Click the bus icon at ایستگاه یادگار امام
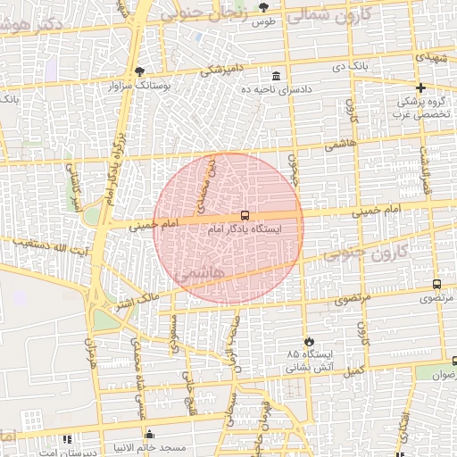pos(244,216)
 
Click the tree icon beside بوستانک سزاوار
pos(139,72)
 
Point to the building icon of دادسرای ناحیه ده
pos(277,76)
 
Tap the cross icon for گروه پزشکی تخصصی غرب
pos(420,87)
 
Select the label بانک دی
pos(351,67)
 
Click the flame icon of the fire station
pos(309,341)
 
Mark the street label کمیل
pos(356,368)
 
